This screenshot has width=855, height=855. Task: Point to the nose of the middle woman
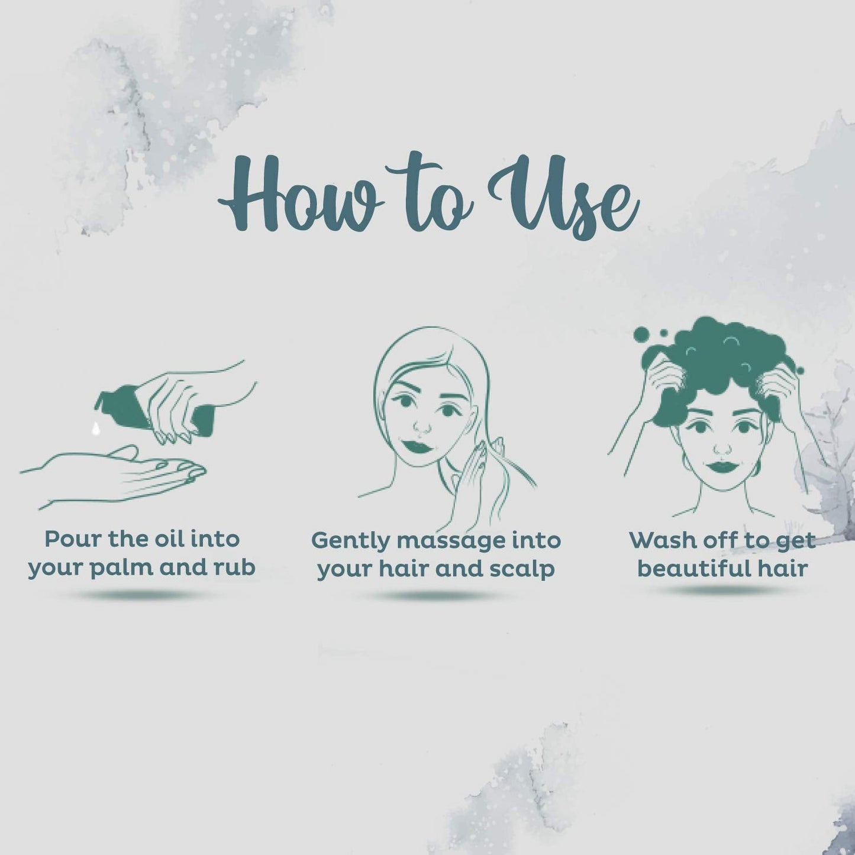[x=421, y=427]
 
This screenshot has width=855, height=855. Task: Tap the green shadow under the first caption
[x=141, y=595]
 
